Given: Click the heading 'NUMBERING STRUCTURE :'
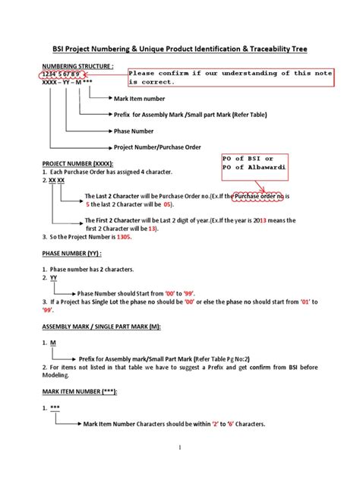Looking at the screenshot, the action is [x=77, y=66].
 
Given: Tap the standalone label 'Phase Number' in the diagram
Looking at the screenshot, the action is [x=135, y=130].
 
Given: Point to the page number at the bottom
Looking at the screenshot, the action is [x=180, y=450].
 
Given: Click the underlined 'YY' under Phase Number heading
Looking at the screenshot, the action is [x=54, y=279].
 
